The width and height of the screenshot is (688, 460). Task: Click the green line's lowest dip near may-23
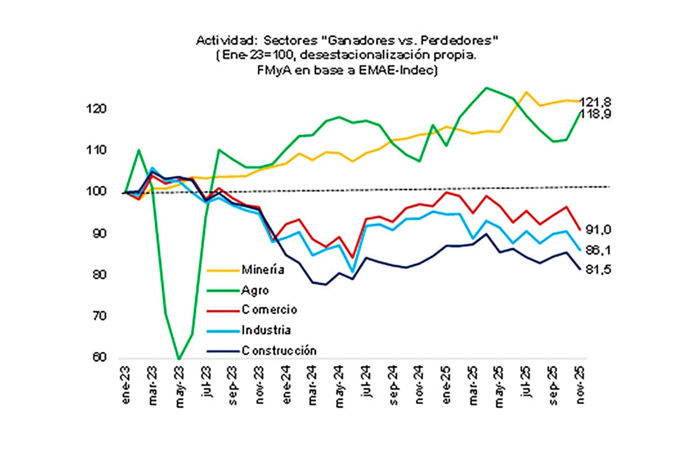point(178,359)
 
